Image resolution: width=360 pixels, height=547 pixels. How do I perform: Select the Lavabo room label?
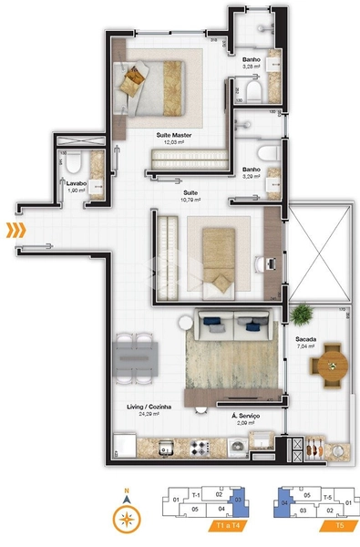(x=77, y=183)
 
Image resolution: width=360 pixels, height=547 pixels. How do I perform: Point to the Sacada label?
(x=305, y=338)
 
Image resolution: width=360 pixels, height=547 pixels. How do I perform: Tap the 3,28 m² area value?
(x=252, y=67)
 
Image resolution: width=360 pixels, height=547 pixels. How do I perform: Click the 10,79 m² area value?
(x=190, y=200)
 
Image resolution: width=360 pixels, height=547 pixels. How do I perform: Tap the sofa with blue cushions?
(x=231, y=321)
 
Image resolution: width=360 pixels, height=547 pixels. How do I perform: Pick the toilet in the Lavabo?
(x=76, y=161)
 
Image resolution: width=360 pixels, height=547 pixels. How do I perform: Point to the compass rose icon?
(x=127, y=520)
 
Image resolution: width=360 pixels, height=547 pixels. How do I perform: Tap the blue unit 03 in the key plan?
(x=239, y=500)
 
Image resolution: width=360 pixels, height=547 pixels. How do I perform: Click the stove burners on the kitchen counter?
(x=199, y=447)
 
